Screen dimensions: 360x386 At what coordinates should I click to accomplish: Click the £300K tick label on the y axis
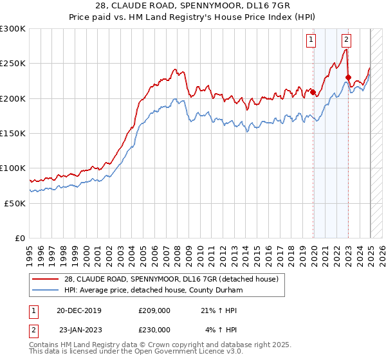tap(13, 29)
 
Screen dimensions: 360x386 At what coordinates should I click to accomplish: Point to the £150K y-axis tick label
tap(13, 133)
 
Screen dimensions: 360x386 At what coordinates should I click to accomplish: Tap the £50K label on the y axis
tap(15, 203)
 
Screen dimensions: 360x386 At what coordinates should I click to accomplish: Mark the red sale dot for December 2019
tap(313, 93)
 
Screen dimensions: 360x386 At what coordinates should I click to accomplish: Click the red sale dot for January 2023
tap(348, 78)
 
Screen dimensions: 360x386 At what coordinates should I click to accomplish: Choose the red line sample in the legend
tap(46, 279)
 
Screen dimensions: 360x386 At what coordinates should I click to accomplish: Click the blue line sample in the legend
tap(46, 290)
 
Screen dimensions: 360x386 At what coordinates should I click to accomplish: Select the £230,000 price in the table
tap(154, 329)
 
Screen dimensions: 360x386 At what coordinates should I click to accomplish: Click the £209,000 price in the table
tap(154, 310)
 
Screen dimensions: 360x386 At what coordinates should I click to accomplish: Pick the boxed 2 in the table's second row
tap(33, 329)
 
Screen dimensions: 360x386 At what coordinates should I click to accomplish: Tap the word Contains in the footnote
tap(45, 345)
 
